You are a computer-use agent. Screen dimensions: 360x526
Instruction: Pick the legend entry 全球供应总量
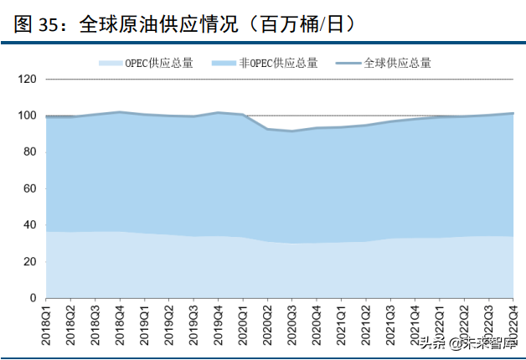click(384, 63)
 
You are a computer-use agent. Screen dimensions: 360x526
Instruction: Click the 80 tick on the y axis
click(29, 152)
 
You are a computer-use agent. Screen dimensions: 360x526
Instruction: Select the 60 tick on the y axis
click(29, 188)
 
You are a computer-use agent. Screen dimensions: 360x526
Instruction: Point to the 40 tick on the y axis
click(29, 225)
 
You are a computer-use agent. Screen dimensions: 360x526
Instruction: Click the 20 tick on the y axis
click(29, 261)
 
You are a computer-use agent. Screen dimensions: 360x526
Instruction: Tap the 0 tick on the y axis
click(33, 298)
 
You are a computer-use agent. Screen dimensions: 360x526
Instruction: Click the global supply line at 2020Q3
click(291, 131)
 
